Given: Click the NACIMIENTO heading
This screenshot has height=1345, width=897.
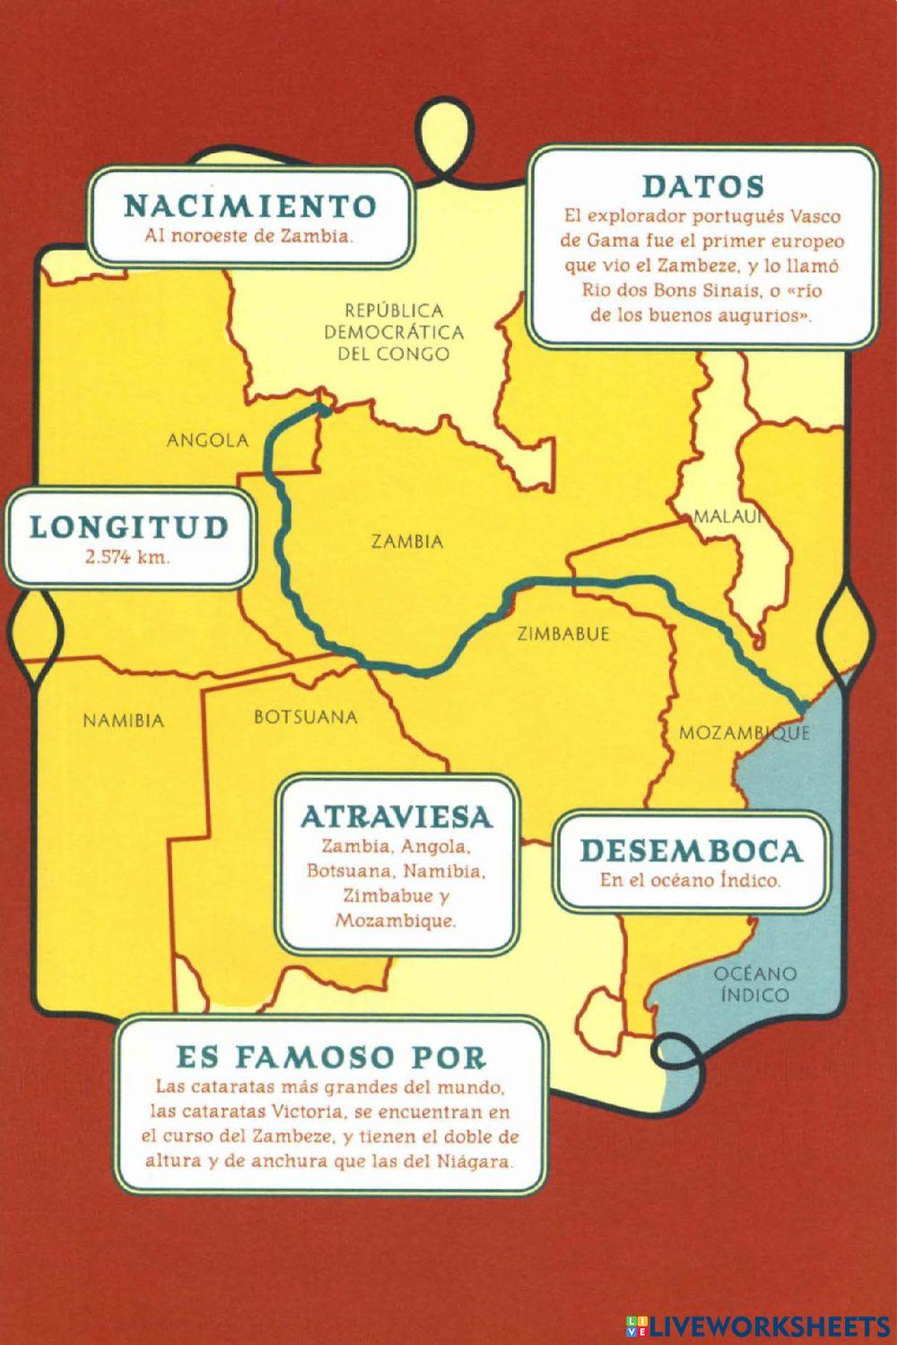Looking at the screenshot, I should coord(249,205).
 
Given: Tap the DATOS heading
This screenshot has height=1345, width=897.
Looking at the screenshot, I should coord(702,187).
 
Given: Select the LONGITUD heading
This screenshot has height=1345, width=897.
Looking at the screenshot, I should coord(129,527).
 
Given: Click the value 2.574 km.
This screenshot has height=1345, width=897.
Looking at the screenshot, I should coord(127,556).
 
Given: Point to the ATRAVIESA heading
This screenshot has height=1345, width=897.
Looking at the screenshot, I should coord(396,817).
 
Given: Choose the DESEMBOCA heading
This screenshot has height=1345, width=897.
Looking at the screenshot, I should coord(691,851).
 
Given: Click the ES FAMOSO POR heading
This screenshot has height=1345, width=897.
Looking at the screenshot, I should coord(331,1056).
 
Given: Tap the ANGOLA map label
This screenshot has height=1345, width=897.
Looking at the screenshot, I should coord(207,441).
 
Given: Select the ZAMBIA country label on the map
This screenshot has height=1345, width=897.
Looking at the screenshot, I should coord(407,541).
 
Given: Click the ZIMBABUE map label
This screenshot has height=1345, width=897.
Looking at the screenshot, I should coord(563,633).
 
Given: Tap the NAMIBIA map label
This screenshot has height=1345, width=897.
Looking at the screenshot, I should coord(124,720).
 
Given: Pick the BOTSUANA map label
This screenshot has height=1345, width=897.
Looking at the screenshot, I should coord(305,717).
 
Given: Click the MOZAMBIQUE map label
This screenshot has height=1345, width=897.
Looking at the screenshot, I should coord(744,732).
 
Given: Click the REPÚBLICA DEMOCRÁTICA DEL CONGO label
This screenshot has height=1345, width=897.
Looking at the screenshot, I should coord(394,332).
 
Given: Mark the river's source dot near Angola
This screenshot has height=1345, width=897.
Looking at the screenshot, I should coord(325,411).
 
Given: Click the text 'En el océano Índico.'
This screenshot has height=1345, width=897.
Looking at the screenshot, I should coord(690,880).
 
